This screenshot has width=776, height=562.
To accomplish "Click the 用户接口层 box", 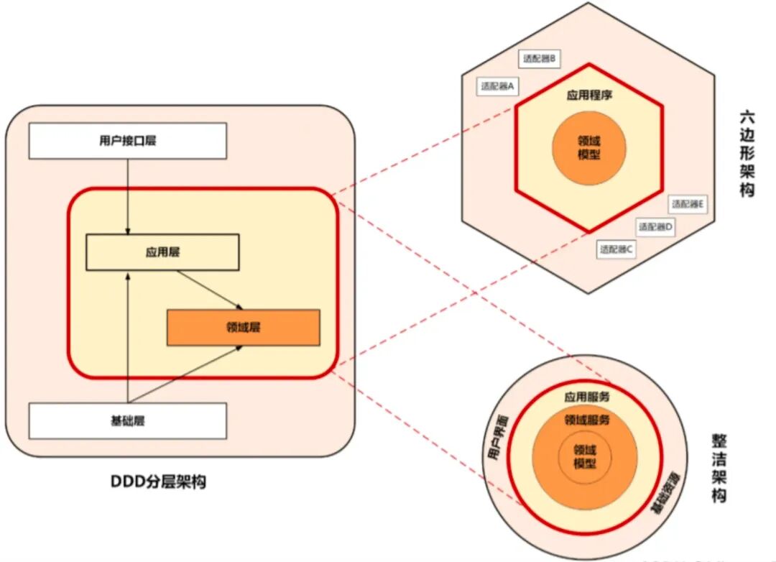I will [x=127, y=140].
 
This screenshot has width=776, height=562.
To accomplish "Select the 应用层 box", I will [x=162, y=252].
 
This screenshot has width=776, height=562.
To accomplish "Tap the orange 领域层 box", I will [x=243, y=328].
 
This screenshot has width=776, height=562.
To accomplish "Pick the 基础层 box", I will [x=127, y=420].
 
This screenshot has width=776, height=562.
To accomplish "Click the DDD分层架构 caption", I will [x=158, y=482].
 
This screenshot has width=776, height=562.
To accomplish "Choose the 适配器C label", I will [x=616, y=249].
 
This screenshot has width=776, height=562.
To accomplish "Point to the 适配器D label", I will [x=655, y=226].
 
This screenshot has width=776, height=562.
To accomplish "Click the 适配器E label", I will [x=687, y=204].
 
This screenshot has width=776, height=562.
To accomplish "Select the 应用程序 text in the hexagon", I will [x=588, y=96].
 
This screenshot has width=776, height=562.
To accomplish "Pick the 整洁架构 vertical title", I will [x=719, y=468].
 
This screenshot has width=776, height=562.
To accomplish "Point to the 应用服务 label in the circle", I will [x=586, y=396].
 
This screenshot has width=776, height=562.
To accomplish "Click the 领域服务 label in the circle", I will [x=586, y=420].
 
